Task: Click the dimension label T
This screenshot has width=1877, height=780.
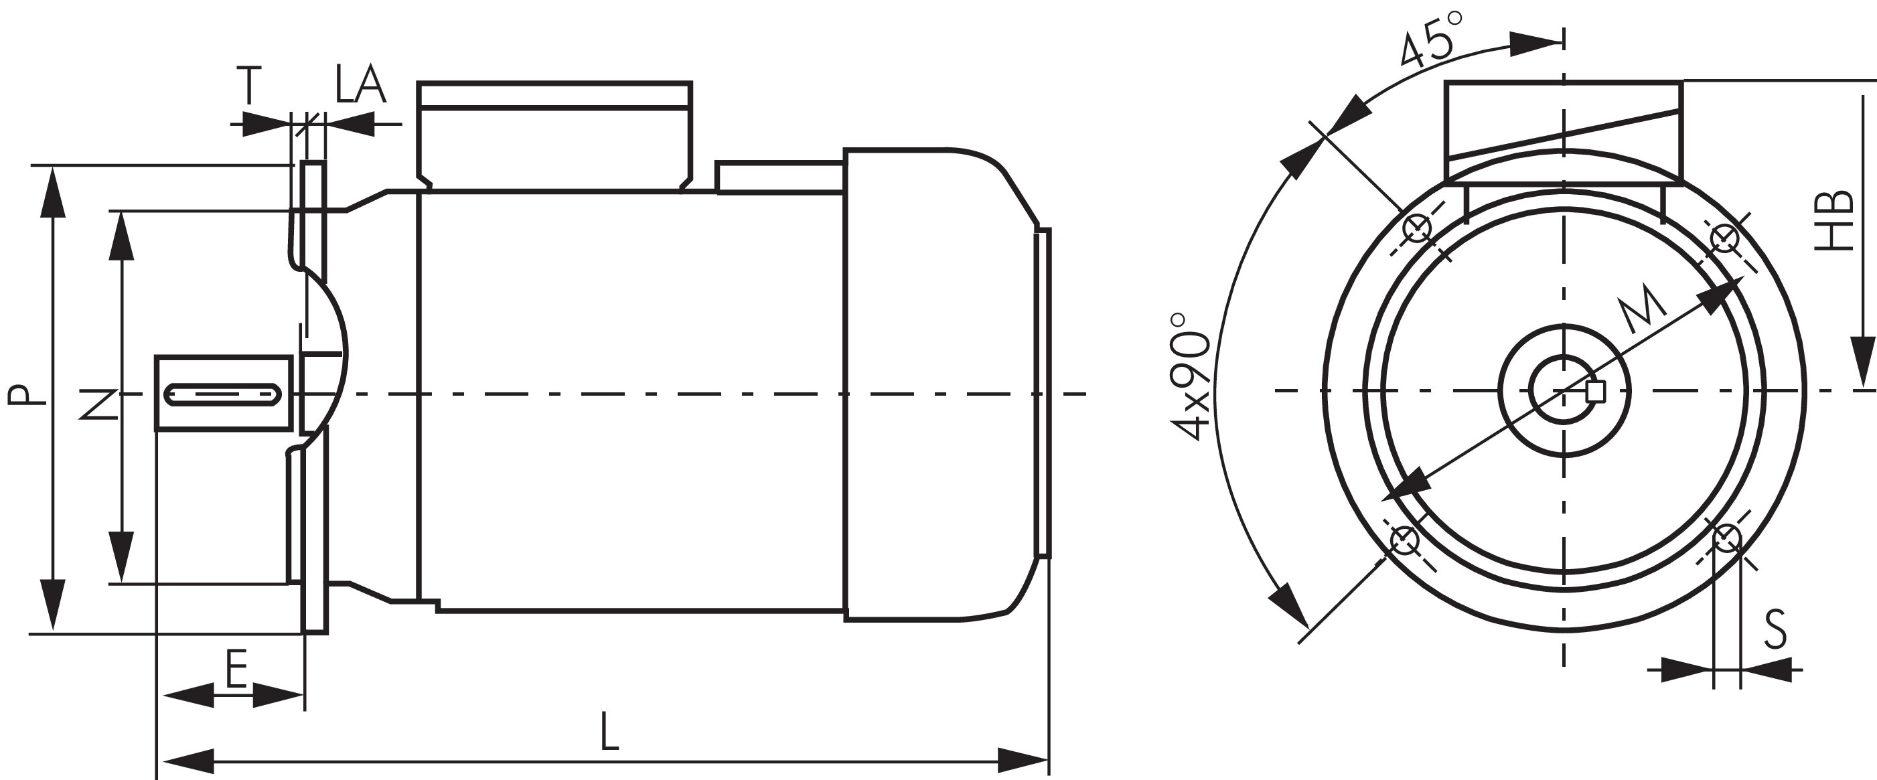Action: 249,85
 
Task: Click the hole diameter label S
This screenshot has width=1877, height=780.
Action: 1776,629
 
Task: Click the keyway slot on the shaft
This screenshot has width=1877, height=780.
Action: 223,415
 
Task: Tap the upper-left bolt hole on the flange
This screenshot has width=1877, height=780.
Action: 1417,230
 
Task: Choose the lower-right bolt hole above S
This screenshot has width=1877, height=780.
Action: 1726,539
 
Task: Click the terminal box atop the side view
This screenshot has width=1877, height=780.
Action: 554,135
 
